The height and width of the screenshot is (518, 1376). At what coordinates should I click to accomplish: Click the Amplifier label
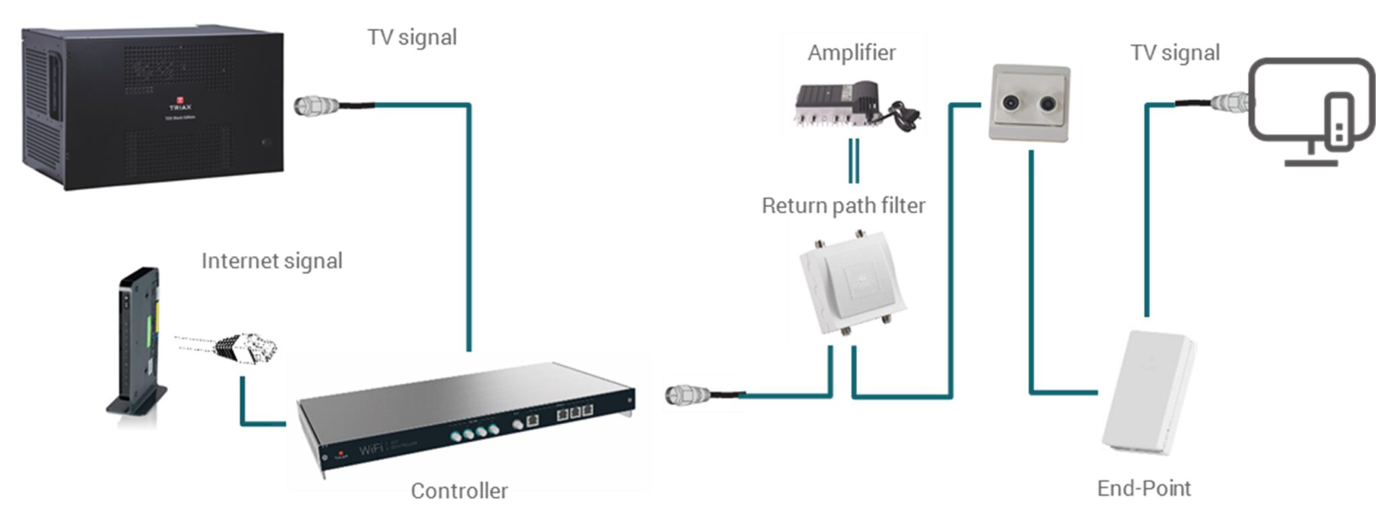pos(851,52)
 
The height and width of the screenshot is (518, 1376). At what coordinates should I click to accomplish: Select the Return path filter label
pos(843,206)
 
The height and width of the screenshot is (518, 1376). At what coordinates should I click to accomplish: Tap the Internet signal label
pos(271,261)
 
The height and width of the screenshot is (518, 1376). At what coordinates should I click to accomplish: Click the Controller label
pos(459,490)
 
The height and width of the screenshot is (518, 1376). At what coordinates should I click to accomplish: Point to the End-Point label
pos(1144,488)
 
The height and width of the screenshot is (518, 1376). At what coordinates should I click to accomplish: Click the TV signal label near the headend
pos(412,37)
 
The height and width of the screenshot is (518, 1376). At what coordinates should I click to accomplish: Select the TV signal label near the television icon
pos(1174,52)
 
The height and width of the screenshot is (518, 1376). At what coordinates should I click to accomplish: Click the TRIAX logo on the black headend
pos(180,104)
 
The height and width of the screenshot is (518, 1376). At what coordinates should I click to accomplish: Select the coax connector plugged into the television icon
pos(1231,103)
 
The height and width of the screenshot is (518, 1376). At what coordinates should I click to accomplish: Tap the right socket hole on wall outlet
pos(1048,104)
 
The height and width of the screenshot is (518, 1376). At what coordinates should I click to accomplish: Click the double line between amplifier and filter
pos(853,161)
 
